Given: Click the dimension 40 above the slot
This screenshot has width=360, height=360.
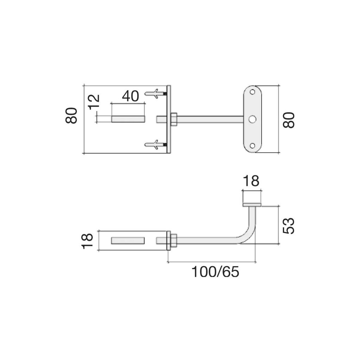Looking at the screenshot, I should [130, 96].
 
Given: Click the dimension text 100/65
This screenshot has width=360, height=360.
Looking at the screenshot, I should [214, 272].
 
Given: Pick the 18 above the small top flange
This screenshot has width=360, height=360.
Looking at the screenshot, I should [251, 181].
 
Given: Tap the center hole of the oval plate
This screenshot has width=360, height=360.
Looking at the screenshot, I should [252, 120].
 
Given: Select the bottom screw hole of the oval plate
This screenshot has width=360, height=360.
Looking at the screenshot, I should [252, 146].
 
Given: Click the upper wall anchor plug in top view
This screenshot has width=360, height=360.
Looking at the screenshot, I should [154, 94].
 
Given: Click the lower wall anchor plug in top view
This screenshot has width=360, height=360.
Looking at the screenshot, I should [154, 144].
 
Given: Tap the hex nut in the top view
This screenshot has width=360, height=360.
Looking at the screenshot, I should [173, 119].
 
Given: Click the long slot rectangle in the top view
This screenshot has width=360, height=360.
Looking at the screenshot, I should [128, 119].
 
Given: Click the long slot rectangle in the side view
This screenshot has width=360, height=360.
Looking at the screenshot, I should [128, 240].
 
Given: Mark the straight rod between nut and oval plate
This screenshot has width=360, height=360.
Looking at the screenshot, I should [211, 119].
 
